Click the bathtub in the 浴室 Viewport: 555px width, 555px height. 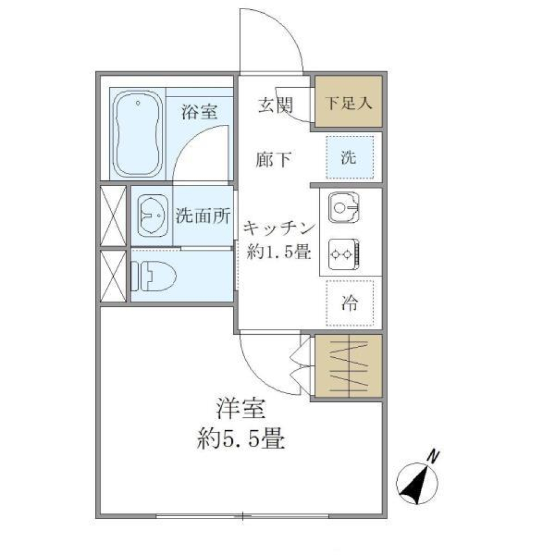coord(137,135)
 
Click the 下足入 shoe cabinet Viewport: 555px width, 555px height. coord(348,102)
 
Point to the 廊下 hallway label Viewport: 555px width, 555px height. coord(275,158)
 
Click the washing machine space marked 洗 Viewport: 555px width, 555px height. coord(349,158)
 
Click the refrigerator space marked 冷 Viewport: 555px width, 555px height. coord(349,302)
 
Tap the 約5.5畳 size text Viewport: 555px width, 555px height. coord(240,441)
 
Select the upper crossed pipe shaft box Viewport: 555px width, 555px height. coord(113,216)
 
